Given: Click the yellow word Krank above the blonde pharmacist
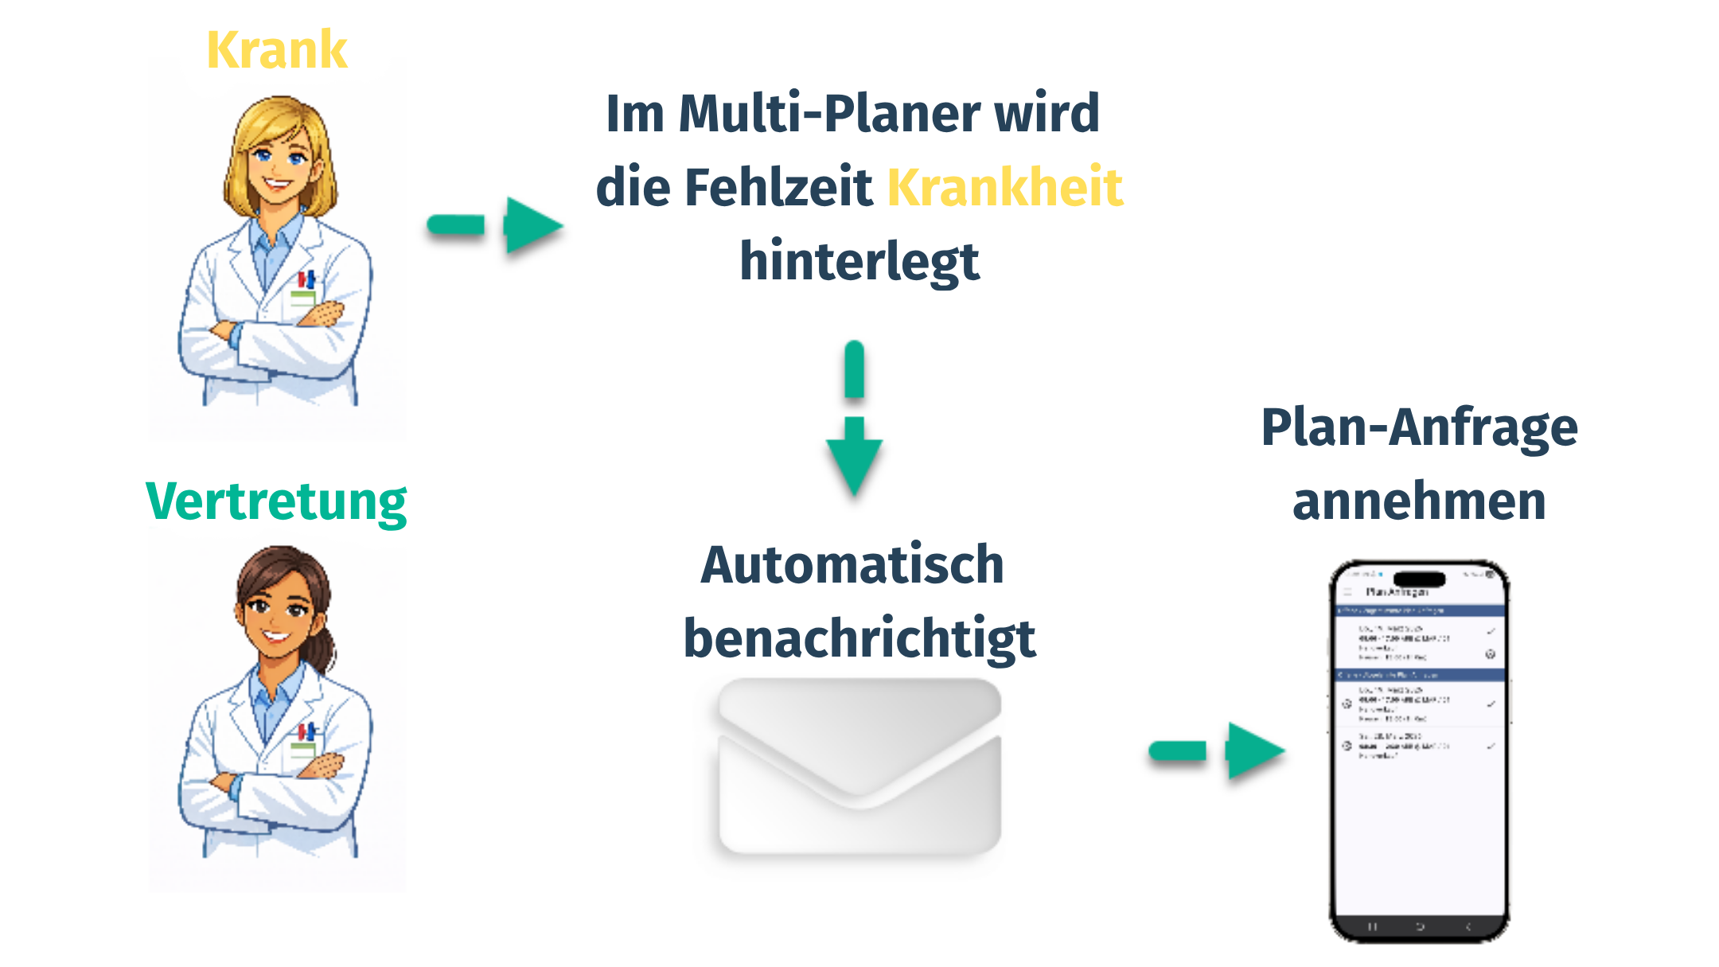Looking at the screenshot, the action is pyautogui.click(x=276, y=50).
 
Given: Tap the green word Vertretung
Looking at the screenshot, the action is pyautogui.click(x=276, y=502).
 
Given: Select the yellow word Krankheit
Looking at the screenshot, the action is pyautogui.click(x=1004, y=187).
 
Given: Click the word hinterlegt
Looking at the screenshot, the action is pyautogui.click(x=859, y=261).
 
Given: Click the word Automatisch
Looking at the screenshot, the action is pyautogui.click(x=852, y=564).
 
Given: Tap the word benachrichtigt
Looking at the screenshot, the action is pyautogui.click(x=859, y=638).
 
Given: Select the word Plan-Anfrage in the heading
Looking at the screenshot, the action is pyautogui.click(x=1419, y=427).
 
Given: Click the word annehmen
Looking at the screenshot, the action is pyautogui.click(x=1419, y=501).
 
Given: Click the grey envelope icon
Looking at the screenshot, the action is pyautogui.click(x=859, y=766).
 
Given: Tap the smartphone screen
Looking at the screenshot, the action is pyautogui.click(x=1420, y=796).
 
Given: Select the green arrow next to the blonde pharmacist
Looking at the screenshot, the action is pyautogui.click(x=495, y=225).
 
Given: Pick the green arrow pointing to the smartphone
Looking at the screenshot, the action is pyautogui.click(x=1217, y=750).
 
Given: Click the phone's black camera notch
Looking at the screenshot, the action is pyautogui.click(x=1420, y=579).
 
